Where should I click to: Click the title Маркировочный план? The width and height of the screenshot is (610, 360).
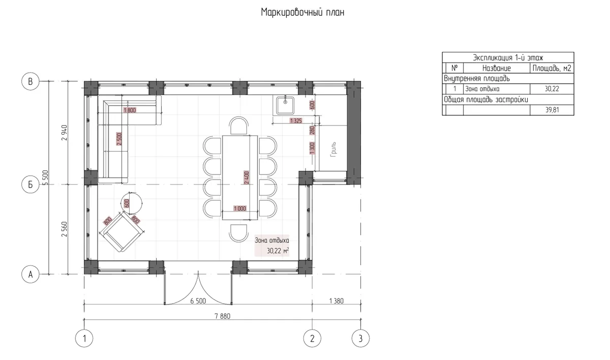302,13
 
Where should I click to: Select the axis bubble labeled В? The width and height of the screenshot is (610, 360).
30,81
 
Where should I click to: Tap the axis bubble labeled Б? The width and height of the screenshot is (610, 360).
30,185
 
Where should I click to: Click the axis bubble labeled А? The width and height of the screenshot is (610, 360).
30,274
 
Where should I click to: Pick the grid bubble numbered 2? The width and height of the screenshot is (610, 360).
312,338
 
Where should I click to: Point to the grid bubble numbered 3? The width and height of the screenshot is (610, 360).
360,338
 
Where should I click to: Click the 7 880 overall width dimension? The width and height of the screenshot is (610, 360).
223,316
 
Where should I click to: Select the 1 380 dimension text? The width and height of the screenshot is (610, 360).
337,301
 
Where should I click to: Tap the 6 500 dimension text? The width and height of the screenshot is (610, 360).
198,301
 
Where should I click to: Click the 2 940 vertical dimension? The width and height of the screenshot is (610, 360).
64,133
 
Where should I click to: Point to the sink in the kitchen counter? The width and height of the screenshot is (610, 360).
285,106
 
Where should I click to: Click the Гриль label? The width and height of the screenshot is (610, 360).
333,149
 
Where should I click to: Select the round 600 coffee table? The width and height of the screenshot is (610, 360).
132,203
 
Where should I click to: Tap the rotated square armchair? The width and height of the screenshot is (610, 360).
121,232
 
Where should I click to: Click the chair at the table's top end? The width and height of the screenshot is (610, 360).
239,126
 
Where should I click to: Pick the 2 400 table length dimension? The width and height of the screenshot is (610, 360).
247,177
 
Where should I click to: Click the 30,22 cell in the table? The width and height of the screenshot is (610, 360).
552,89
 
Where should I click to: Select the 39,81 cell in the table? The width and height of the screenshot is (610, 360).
552,110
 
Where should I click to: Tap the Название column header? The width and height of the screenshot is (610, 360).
497,68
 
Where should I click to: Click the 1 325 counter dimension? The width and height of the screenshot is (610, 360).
296,121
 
